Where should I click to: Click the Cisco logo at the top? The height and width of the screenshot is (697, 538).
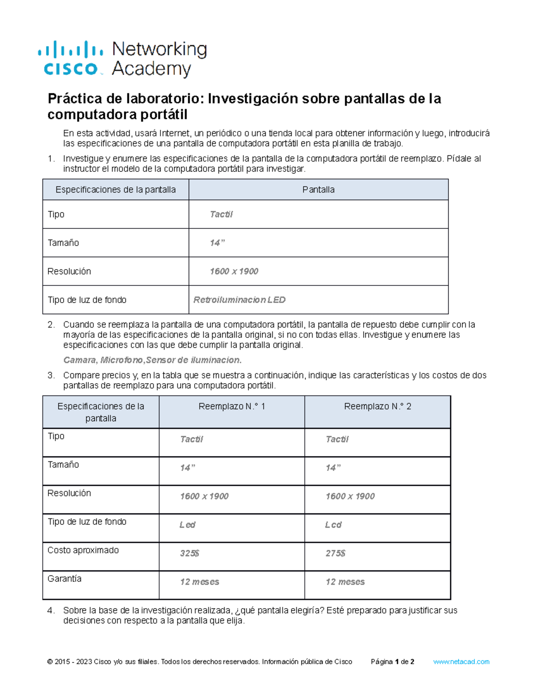coord(71,58)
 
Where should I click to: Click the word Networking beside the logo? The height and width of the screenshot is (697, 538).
coord(159,49)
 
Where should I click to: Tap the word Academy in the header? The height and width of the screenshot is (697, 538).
coord(151,69)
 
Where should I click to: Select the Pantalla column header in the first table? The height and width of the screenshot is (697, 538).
coord(318,189)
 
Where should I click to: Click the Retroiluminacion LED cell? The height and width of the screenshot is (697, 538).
coord(239,300)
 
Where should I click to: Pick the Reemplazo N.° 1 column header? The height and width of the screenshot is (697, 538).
coord(232,406)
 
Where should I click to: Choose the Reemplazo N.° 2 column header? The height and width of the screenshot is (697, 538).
coord(377,406)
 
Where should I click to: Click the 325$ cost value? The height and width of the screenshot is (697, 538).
coord(189,553)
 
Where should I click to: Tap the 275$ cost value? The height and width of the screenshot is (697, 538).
coord(335,553)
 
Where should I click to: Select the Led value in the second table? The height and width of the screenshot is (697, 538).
coord(187,525)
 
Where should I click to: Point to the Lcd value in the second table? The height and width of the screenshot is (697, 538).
coord(333,525)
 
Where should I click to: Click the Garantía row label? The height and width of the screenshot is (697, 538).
coord(65,579)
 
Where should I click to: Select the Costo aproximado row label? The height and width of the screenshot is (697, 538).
coord(83,550)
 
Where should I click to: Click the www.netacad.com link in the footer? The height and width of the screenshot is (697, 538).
coord(461,662)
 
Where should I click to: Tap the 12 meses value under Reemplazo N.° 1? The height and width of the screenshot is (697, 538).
coord(200,582)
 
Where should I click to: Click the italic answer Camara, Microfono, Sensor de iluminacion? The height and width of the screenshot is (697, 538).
coord(152,360)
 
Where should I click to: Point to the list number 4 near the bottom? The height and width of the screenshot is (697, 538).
coord(51,610)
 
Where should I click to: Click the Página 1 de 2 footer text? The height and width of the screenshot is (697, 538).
coord(392,662)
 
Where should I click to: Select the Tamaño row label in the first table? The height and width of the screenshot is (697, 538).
coord(63,243)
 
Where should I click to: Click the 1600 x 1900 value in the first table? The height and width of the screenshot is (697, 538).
coord(234,271)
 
